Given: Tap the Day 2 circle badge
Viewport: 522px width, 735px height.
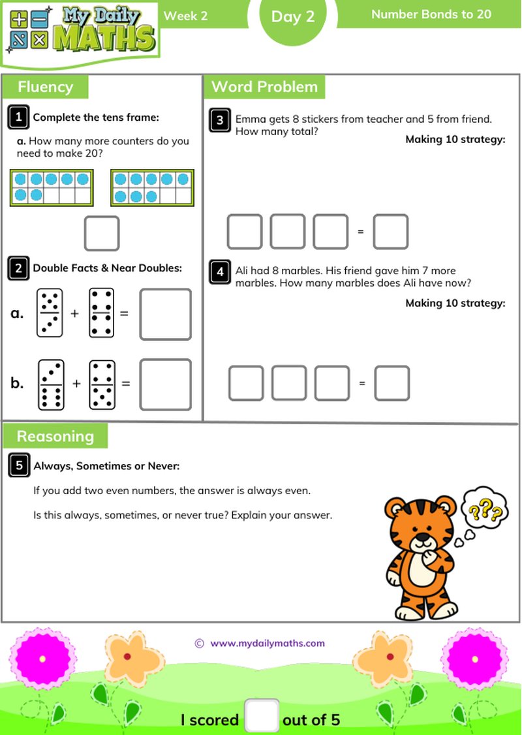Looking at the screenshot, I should (x=293, y=18).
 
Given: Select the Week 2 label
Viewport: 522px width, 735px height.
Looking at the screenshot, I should (x=185, y=16).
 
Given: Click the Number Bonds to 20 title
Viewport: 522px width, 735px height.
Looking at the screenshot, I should (x=431, y=14).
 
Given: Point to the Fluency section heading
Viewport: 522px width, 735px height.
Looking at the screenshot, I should (x=45, y=87).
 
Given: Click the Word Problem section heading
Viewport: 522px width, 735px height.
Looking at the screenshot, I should (x=264, y=87).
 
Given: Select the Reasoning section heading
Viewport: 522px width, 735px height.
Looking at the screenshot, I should (x=55, y=436).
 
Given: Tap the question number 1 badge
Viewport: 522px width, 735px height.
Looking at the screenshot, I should (x=19, y=117).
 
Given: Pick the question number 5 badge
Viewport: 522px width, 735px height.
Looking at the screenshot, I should (x=20, y=465).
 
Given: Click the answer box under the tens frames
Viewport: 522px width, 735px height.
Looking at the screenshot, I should (x=102, y=233).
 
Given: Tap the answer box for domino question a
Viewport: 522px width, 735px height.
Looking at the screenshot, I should (x=166, y=314).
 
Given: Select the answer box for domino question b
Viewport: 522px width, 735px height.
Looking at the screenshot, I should (x=166, y=384).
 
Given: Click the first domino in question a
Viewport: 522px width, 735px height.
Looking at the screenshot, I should (x=50, y=313).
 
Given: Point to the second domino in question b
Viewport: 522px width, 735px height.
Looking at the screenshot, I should (x=102, y=384).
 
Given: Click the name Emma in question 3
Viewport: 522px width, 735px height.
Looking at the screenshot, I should (x=249, y=119).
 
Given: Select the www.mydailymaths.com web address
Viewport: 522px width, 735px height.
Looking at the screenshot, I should (x=267, y=643).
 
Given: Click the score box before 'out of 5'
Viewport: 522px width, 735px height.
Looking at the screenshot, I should (x=262, y=717).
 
